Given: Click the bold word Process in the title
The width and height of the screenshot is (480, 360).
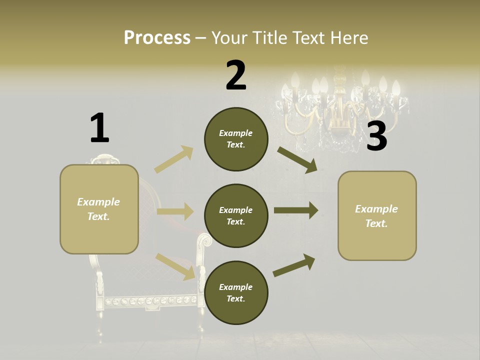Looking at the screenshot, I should coord(157,38).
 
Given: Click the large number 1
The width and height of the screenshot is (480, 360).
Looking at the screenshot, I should coord(99,128).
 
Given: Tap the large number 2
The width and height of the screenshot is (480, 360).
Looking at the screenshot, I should coord(236,75).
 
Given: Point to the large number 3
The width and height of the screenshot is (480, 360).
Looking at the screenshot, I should coord(376,136).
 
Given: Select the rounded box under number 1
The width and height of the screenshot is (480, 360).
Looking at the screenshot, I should coord(99,209).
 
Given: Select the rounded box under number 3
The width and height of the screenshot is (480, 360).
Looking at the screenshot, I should coord(377,215).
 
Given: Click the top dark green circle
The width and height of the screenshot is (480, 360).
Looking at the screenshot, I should coord(236,139).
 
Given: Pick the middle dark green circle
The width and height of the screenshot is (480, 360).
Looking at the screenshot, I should coord(236,215).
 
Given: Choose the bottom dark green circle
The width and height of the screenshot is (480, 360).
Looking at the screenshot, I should coord(236,292).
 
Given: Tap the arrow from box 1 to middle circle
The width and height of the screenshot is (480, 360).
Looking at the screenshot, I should coord(175,211).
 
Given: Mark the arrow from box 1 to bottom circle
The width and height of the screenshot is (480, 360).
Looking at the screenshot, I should coord(175,266).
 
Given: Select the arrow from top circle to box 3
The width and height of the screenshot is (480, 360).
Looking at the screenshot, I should coord(297,160).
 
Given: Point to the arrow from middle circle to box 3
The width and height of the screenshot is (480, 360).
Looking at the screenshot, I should coord(296,210).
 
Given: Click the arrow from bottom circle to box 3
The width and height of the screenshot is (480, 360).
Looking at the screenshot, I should coord(294,265).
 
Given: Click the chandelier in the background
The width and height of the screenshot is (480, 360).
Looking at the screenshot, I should coord(340,107).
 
